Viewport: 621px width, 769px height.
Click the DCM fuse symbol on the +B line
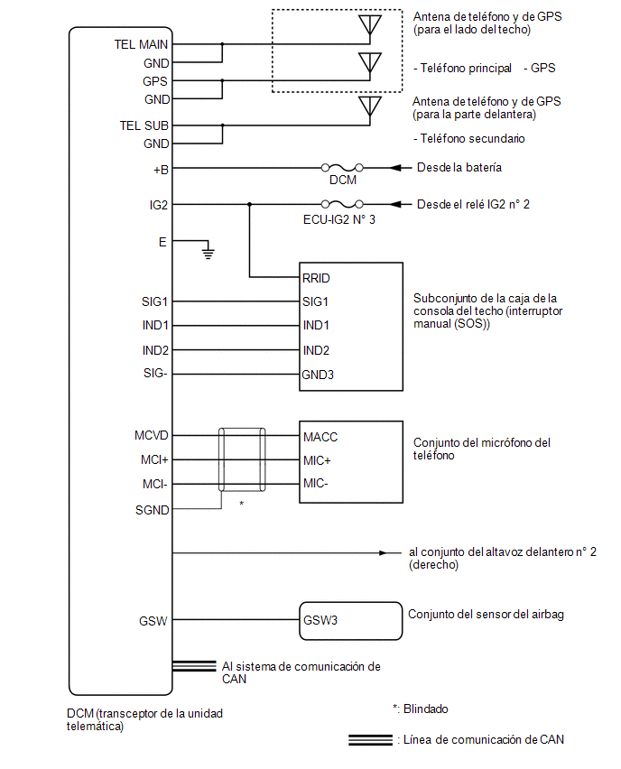[342, 168]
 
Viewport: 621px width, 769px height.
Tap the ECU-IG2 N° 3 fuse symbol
[342, 204]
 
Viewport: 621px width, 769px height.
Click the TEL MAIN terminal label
[142, 44]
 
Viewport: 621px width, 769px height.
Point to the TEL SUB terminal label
[144, 125]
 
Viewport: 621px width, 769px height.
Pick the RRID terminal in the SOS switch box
[316, 278]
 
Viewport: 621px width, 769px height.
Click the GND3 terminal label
[318, 375]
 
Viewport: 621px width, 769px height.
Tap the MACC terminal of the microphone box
[320, 437]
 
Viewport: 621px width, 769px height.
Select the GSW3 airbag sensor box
[351, 621]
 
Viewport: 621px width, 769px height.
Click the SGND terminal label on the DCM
[152, 510]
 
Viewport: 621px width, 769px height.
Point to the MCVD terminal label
[152, 435]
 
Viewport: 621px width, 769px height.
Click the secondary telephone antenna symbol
[370, 108]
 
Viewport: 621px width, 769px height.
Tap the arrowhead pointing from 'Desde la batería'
[395, 168]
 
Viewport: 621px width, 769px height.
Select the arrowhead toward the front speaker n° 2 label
[383, 552]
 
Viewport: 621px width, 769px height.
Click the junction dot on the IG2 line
[250, 204]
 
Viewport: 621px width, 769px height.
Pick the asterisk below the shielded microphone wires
[241, 503]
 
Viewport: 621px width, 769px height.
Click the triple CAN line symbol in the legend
[370, 739]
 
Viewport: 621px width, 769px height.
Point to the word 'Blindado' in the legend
[426, 709]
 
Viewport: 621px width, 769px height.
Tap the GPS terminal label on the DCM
[155, 81]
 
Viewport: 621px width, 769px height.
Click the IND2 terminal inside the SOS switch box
[316, 350]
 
